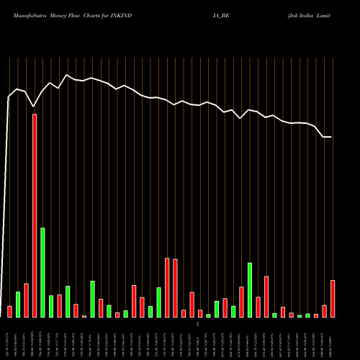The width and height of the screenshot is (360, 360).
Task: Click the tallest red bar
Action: tap(35, 215)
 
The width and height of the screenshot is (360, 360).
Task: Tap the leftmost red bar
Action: tap(9, 311)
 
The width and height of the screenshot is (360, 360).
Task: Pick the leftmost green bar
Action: tap(18, 304)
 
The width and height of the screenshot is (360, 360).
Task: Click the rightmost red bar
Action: tap(333, 298)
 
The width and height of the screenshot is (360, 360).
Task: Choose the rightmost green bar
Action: tap(307, 315)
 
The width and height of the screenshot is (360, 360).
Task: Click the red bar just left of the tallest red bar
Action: tap(26, 300)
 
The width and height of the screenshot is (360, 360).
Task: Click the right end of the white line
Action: tap(331, 137)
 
